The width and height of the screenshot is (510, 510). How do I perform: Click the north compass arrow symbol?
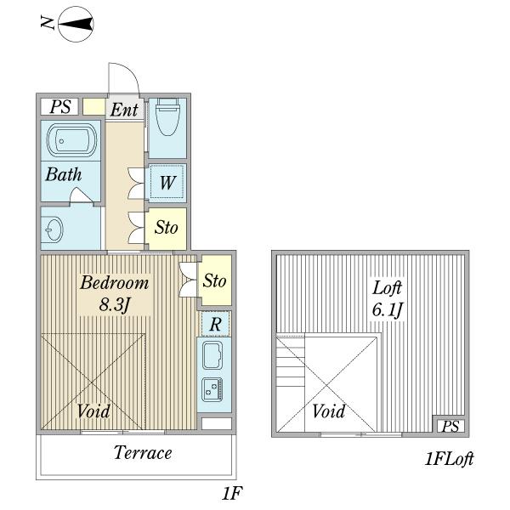(x=76, y=23)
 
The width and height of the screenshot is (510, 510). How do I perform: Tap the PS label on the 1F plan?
(x=59, y=106)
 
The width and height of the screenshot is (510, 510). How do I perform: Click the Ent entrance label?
(x=124, y=109)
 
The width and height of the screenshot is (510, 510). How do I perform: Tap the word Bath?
(x=64, y=175)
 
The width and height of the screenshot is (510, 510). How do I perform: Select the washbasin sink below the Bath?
(x=54, y=228)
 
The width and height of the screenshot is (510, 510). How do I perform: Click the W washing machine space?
(x=167, y=181)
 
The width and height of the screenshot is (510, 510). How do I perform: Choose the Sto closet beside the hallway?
(x=165, y=228)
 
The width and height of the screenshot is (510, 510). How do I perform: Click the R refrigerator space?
(x=216, y=324)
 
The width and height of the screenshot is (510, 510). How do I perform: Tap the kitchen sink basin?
(x=212, y=357)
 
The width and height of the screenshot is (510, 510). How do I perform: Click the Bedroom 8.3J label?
(x=114, y=292)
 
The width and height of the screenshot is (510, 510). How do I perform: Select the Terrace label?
(x=143, y=452)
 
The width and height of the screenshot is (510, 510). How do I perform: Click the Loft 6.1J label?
(x=386, y=297)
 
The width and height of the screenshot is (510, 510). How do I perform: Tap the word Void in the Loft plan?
(x=328, y=412)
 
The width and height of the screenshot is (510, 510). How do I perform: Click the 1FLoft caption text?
(x=449, y=459)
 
